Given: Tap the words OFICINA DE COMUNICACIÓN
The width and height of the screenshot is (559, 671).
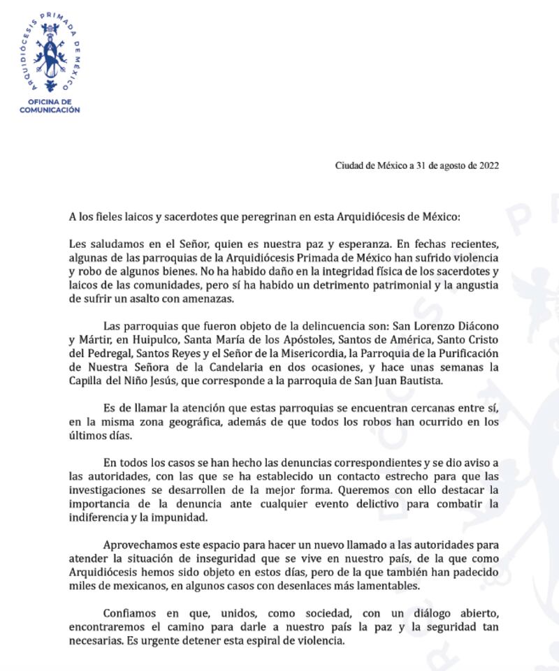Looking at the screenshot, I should pos(49,106).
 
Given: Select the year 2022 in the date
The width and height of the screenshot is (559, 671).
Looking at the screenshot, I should pos(488,165).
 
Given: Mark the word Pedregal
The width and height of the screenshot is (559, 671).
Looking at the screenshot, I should pos(107,353).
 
